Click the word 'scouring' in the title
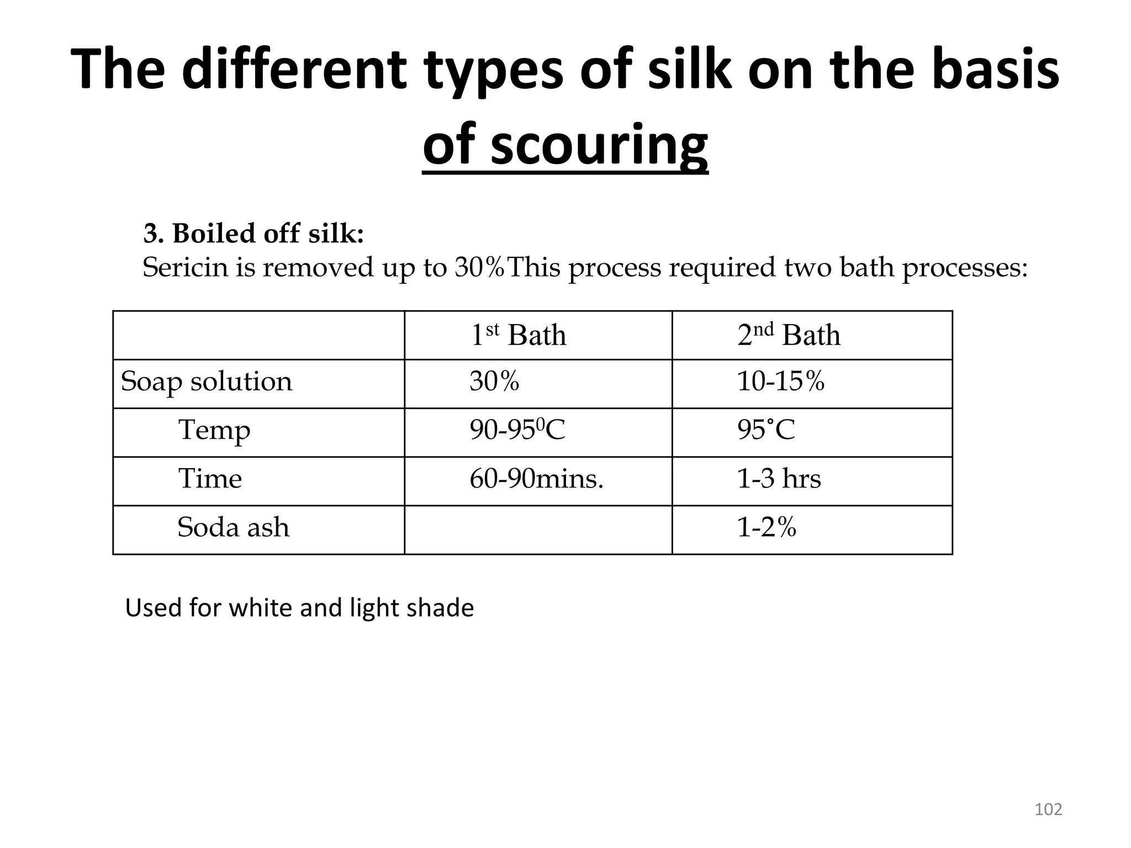599,145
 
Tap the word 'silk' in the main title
690,69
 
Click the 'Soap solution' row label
206,381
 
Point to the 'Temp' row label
214,430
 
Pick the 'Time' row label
210,478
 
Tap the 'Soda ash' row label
233,527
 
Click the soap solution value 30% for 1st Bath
494,381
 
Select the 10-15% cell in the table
780,381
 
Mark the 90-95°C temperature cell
517,430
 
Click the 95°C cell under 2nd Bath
766,430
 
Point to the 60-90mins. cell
536,479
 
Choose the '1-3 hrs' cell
779,479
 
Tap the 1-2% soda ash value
767,528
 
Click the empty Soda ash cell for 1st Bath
538,529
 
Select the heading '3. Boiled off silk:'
253,234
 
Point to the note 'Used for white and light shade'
299,608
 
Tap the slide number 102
1048,809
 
